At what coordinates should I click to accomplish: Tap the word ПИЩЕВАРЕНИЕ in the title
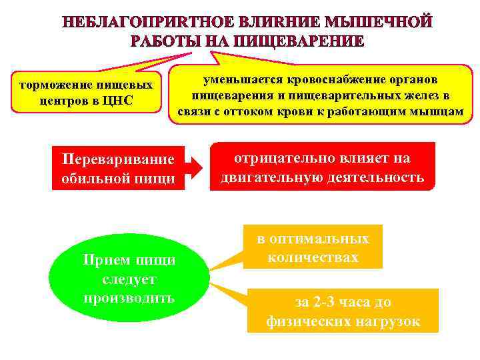pos(297,41)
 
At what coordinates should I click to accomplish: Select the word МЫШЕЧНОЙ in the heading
pos(378,23)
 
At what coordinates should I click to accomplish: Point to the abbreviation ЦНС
pos(119,101)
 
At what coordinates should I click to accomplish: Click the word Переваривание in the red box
pos(118,160)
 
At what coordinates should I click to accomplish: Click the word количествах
pos(313,257)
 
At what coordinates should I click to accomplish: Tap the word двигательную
pos(272,178)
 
